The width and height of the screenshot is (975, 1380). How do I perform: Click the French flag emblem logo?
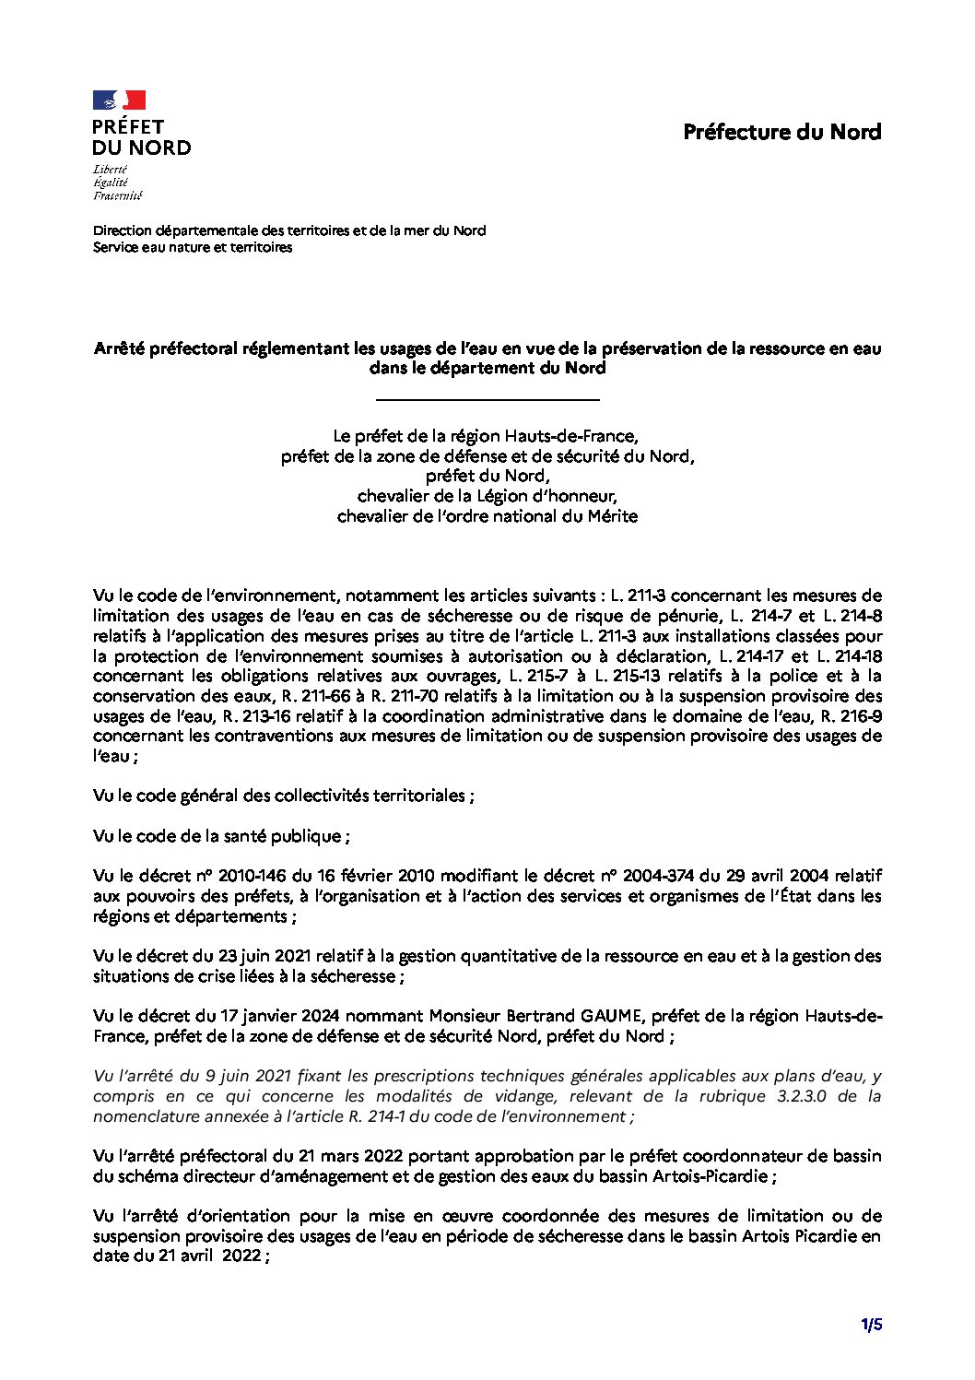[119, 100]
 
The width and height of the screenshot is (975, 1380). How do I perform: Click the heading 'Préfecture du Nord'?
[781, 132]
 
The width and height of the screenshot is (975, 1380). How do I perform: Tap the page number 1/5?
[872, 1326]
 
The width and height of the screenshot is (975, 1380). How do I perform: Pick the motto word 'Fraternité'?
[117, 195]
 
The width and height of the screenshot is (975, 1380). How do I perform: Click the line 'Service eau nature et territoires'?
[193, 247]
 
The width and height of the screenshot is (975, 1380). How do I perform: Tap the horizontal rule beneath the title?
[487, 399]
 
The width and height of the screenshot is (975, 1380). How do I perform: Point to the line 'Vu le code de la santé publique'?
[221, 836]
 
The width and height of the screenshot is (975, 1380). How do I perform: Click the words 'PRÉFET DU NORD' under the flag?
[141, 137]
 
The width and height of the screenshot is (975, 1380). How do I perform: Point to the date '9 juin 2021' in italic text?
[222, 1076]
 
